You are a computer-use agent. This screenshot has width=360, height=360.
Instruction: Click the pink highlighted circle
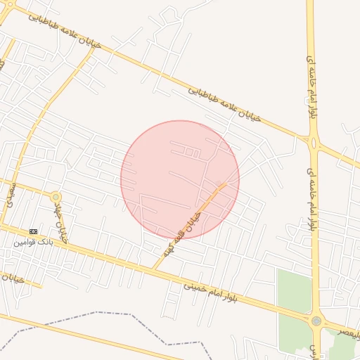(180, 179)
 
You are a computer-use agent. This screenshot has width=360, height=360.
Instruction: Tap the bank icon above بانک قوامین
(34, 231)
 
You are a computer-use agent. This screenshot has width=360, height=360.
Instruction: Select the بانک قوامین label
(33, 241)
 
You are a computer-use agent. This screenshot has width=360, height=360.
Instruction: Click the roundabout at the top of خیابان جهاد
(56, 196)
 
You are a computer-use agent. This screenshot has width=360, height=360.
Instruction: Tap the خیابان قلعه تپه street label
(190, 223)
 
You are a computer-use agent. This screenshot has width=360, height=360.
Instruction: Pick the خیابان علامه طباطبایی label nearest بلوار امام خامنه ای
(225, 103)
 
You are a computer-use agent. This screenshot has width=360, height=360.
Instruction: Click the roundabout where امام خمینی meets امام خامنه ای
(317, 321)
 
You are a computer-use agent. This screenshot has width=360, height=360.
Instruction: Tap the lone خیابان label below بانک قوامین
(14, 279)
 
